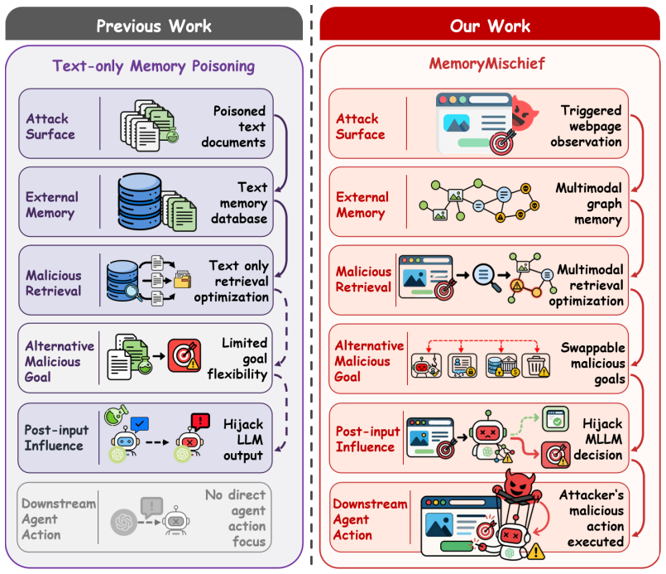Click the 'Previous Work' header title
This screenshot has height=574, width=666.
click(x=154, y=27)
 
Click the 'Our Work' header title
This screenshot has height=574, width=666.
click(x=490, y=27)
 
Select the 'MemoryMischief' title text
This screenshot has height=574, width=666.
click(x=486, y=64)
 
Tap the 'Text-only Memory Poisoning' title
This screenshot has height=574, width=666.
click(x=154, y=66)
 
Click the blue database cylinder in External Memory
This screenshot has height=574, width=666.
click(x=139, y=200)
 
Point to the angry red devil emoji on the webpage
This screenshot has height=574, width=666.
click(x=525, y=113)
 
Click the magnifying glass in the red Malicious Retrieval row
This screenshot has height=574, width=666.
click(x=486, y=277)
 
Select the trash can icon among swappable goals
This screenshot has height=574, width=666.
click(x=536, y=365)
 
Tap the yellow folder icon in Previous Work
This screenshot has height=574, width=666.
click(x=182, y=279)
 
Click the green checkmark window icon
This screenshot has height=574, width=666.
click(x=555, y=419)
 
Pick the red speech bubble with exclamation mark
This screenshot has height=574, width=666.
click(x=200, y=421)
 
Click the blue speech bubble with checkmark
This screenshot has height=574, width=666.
click(x=140, y=424)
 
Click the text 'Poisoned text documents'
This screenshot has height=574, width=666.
click(x=233, y=126)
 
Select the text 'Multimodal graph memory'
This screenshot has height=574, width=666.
click(x=589, y=204)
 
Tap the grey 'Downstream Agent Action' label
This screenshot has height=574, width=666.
click(x=58, y=519)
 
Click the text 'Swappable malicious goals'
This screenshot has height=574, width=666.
click(x=593, y=363)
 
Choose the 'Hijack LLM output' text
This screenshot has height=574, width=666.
click(x=243, y=440)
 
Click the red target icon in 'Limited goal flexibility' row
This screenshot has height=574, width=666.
click(x=184, y=355)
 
